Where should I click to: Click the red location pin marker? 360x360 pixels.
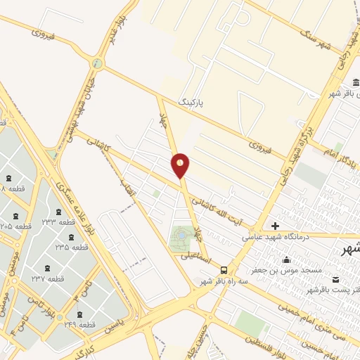coord(181,166)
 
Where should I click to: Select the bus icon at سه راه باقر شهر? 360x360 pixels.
coord(224,270)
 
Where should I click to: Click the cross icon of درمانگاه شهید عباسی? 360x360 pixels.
coord(274,226)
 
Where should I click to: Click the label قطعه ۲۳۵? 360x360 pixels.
coord(72,247)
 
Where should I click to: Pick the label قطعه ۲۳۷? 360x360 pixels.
coord(48,278)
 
